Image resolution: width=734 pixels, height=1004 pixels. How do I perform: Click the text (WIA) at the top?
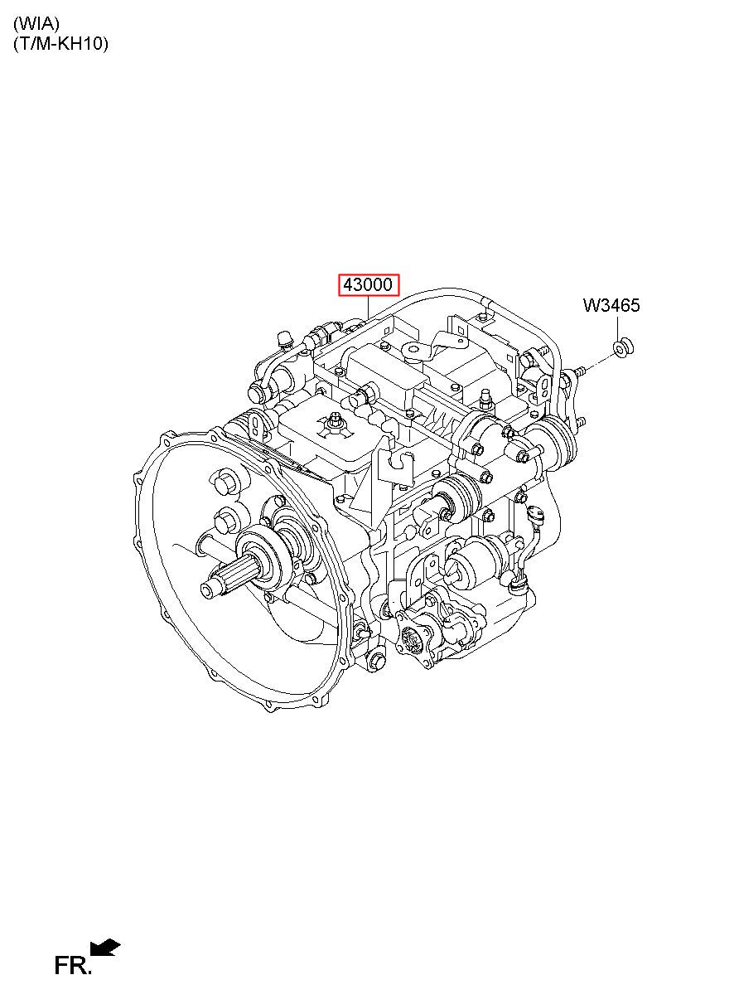point(36,23)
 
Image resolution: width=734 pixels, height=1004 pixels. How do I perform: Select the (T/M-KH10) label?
point(61,43)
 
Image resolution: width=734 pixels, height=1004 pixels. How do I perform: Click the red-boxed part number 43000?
point(368,284)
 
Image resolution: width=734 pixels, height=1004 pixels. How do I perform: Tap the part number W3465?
point(611,305)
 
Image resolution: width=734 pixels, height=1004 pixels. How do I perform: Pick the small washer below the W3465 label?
point(622,348)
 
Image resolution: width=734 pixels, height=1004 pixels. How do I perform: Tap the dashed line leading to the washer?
point(597,361)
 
